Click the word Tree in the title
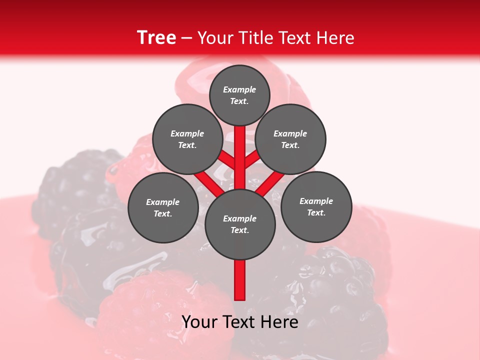click(156, 37)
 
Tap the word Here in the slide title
click(335, 37)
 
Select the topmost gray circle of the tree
click(239, 95)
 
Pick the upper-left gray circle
click(187, 139)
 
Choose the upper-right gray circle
click(290, 139)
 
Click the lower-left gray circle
click(163, 207)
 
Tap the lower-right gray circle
click(316, 206)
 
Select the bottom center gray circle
click(240, 224)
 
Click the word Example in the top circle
click(239, 89)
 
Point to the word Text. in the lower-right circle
click(316, 212)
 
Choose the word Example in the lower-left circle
click(163, 202)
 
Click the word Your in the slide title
click(214, 37)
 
